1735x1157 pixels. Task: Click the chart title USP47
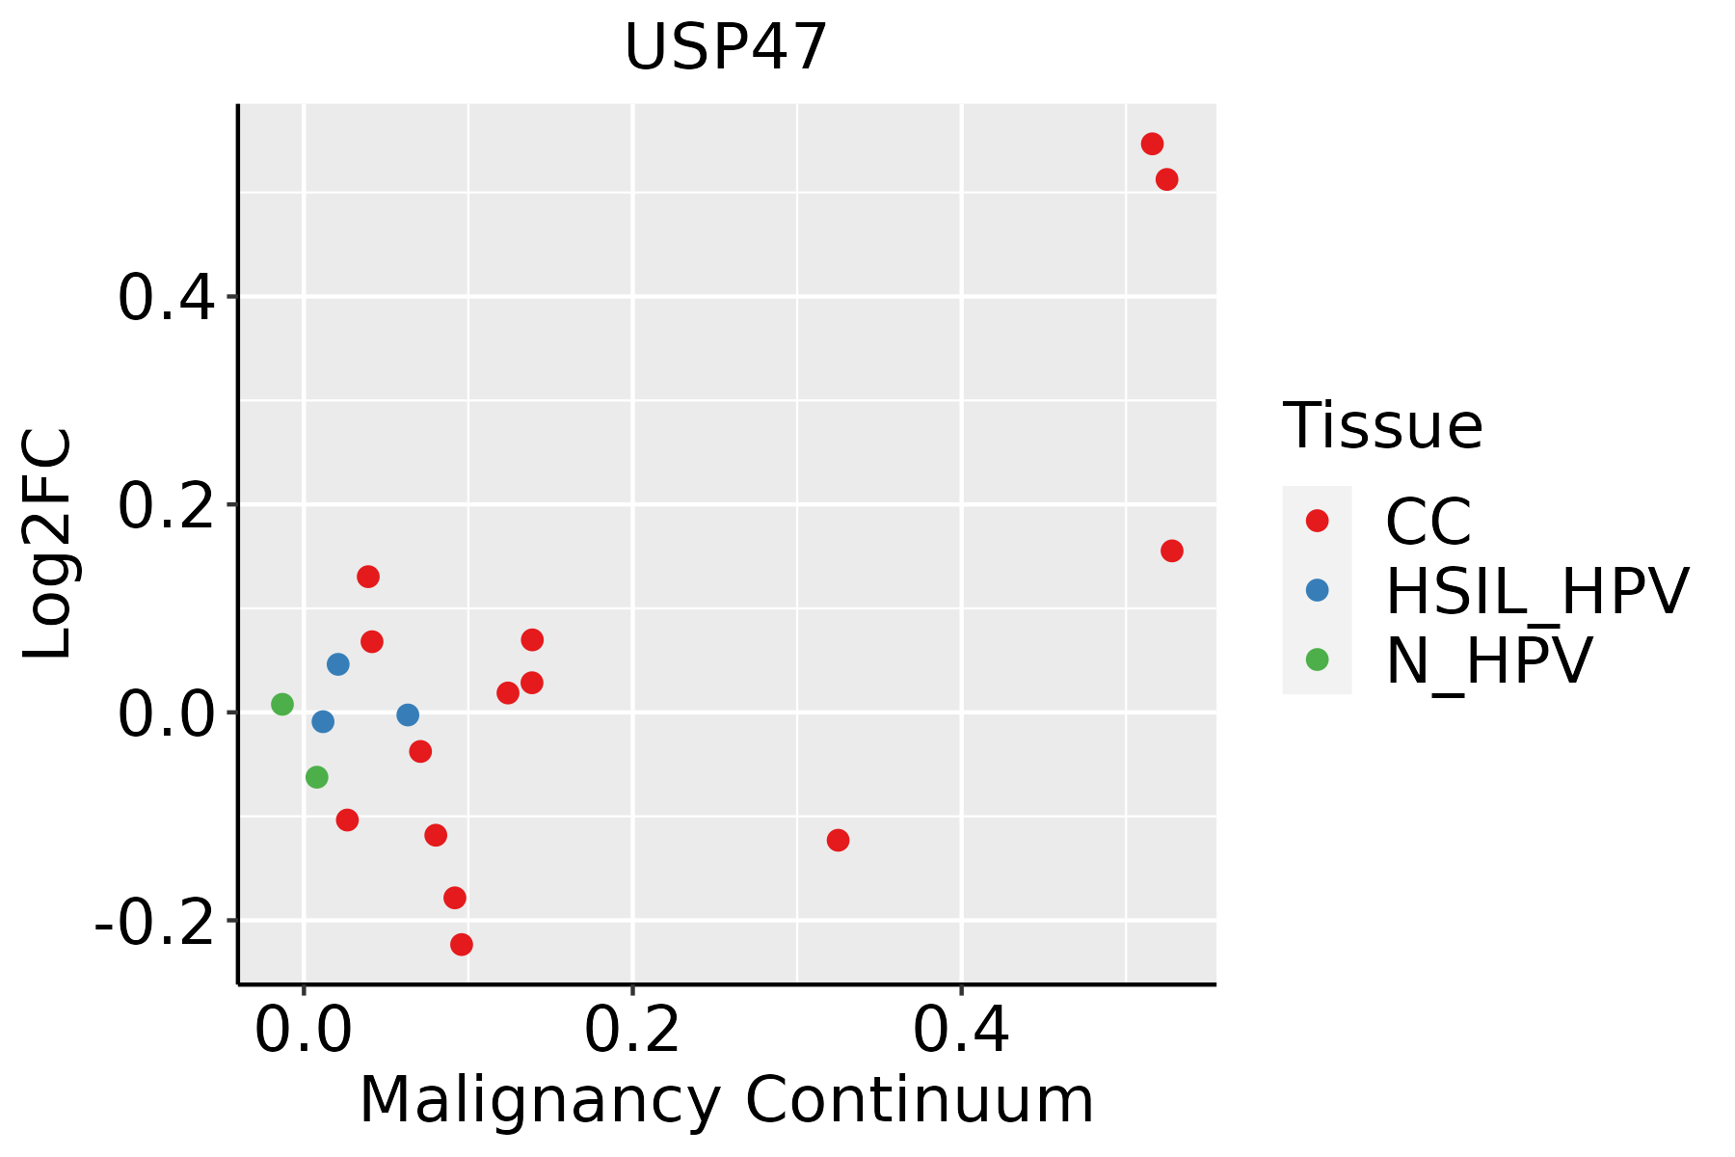[726, 47]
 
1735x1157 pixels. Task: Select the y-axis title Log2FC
[48, 544]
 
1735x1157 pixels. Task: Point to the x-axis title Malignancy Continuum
[726, 1100]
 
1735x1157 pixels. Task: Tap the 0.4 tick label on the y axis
[165, 297]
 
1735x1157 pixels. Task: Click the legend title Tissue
[1382, 425]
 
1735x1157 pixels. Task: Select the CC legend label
[1428, 522]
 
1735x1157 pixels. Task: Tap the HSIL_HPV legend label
[1536, 591]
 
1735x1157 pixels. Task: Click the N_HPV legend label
[1488, 660]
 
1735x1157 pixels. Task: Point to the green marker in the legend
[1317, 659]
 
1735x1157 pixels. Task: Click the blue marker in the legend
[1317, 590]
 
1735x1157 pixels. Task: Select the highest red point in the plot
[1152, 144]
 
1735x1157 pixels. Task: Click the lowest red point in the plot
[462, 944]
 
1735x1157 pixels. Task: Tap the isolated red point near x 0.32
[838, 840]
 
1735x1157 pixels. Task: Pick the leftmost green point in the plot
[282, 704]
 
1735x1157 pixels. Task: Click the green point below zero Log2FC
[316, 776]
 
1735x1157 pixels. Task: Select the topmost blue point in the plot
[337, 663]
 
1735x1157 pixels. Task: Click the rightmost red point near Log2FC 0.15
[1172, 551]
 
